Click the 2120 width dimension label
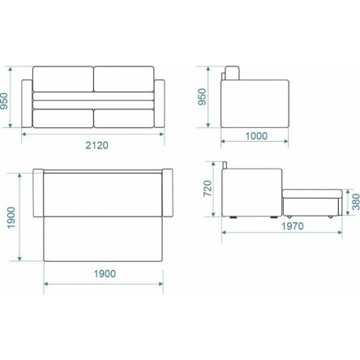pos(96,145)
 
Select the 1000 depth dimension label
pos(256,135)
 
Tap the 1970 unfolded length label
pos(293,226)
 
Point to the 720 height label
pos(208,188)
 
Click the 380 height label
pos(356,202)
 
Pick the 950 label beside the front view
pos(4,101)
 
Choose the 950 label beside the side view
pos(202,96)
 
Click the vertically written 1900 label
pos(11,217)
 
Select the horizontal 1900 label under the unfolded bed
pos(105,273)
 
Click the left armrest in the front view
pos(27,104)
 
